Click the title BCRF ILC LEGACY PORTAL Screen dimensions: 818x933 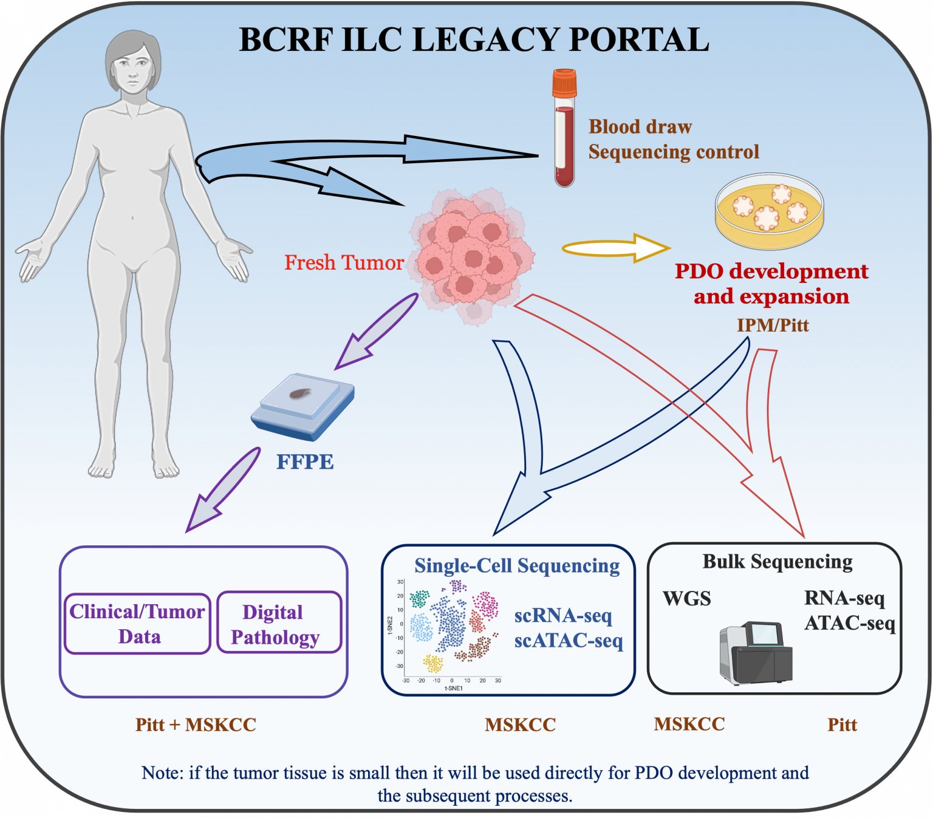coord(474,40)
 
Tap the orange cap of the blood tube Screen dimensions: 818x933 coord(564,84)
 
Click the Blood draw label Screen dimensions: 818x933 coord(640,126)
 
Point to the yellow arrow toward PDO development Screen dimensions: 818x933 coord(617,248)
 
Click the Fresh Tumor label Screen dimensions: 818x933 coord(344,262)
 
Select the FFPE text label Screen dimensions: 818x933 coord(305,462)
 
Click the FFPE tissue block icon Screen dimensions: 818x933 coord(302,406)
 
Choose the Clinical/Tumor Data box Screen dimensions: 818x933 coord(137,624)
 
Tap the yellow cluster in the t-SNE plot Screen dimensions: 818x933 coord(433,663)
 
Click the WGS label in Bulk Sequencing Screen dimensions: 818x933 coord(686,598)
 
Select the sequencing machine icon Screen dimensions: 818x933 coord(756,653)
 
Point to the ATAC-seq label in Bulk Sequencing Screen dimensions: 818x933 coord(850,623)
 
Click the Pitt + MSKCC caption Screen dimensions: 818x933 coord(196,724)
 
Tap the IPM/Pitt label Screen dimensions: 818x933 coord(773,325)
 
